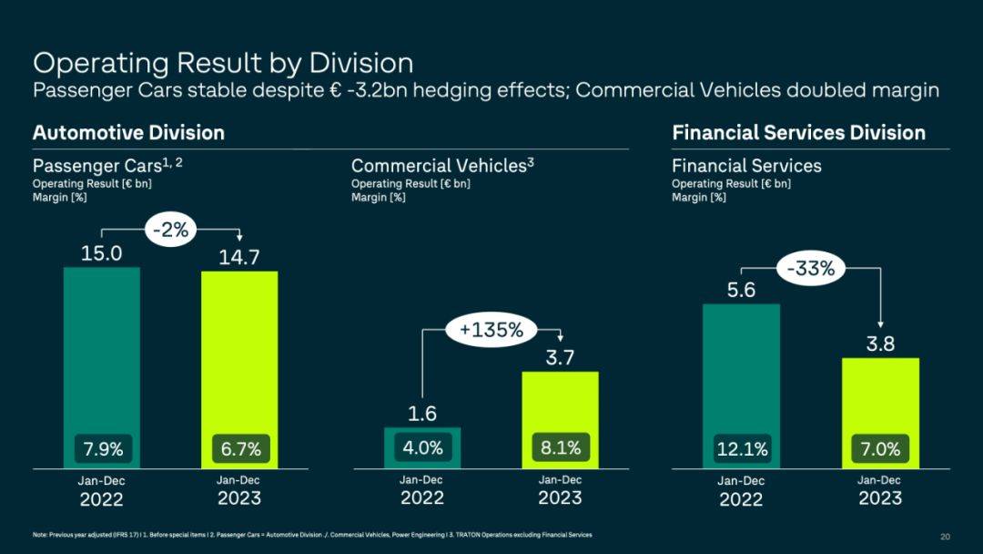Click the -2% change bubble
click(x=170, y=230)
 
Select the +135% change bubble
click(x=491, y=329)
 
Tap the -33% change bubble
click(x=811, y=269)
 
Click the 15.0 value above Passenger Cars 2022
click(x=102, y=253)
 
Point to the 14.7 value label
click(x=238, y=257)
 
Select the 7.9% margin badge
click(x=104, y=448)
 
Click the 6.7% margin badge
click(x=240, y=448)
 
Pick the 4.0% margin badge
click(x=422, y=447)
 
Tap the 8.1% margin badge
click(x=561, y=447)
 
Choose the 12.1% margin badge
click(x=743, y=448)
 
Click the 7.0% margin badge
click(x=880, y=448)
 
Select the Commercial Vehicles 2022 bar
click(x=422, y=448)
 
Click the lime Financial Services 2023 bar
click(x=880, y=413)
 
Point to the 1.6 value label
click(x=422, y=414)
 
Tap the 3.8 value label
click(x=880, y=344)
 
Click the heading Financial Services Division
click(x=799, y=132)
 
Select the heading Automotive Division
click(x=128, y=132)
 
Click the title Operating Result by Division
click(x=223, y=63)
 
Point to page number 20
click(x=945, y=537)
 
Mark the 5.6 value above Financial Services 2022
click(x=741, y=290)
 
